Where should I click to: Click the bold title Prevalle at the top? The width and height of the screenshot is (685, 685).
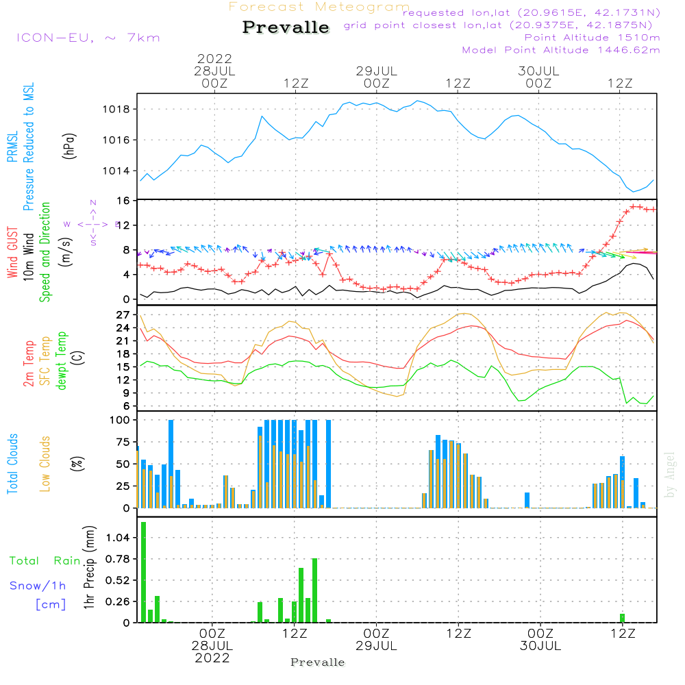286,27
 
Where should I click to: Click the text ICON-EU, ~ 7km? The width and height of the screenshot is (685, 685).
88,38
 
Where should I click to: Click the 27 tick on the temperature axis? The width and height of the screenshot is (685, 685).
123,315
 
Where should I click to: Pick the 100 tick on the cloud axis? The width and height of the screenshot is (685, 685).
121,420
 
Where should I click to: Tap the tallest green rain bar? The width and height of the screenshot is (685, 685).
144,572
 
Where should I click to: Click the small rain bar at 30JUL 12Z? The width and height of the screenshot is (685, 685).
623,618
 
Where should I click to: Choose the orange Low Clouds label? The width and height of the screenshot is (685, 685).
45,464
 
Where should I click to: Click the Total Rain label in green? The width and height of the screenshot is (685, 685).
45,561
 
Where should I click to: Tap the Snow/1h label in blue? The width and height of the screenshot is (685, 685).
38,586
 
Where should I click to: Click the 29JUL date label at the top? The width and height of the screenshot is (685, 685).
376,71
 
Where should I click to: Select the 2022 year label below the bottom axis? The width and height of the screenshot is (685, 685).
212,658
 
